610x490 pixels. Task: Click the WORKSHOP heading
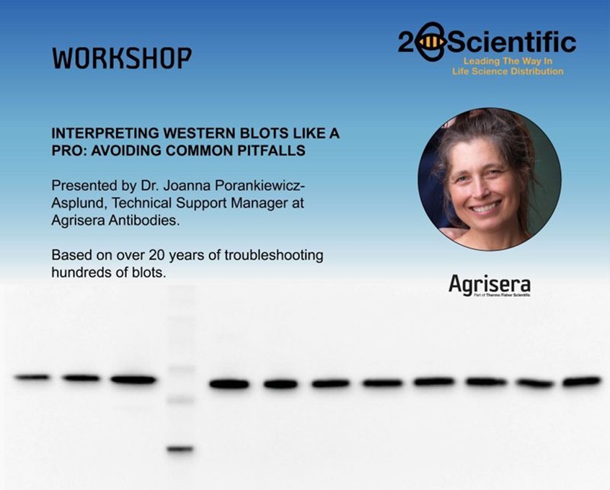tap(122, 59)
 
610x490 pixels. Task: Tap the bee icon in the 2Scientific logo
tap(430, 43)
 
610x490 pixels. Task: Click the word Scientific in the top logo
tap(511, 43)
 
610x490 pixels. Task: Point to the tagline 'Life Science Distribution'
tap(508, 71)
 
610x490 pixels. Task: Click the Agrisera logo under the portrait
tap(489, 285)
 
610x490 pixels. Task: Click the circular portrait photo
tap(489, 180)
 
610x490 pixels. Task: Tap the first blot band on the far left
tap(32, 377)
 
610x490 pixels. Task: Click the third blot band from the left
tap(133, 380)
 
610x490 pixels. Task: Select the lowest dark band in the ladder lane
tap(180, 449)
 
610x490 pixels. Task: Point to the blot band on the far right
tap(581, 381)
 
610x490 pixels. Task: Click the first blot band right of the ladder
tap(229, 384)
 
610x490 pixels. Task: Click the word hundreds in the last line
tap(81, 272)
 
